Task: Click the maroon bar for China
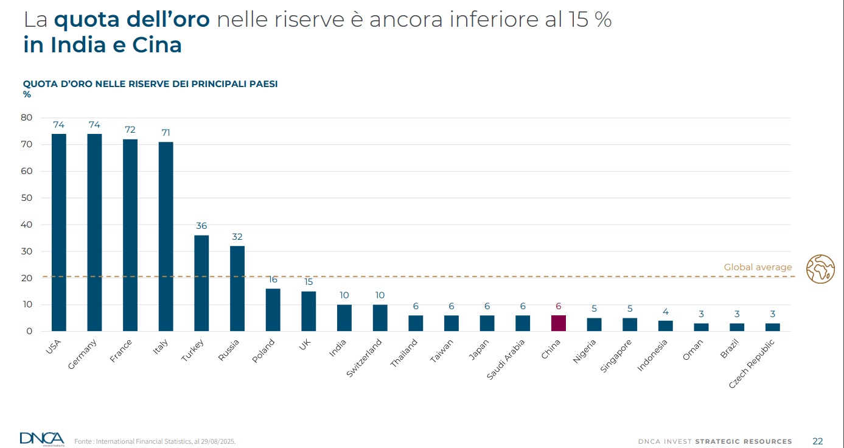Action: tap(558, 323)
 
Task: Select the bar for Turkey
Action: tap(201, 283)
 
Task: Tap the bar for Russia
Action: tap(237, 289)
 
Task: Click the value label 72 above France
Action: tap(130, 130)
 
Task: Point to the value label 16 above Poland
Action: tap(273, 279)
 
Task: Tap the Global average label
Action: tap(758, 267)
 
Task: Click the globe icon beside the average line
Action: tap(820, 269)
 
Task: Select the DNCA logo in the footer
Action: tap(41, 438)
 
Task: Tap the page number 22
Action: tap(817, 441)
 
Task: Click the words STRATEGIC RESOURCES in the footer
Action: tap(744, 441)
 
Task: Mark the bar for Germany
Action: tap(94, 233)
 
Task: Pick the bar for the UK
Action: tap(309, 311)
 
